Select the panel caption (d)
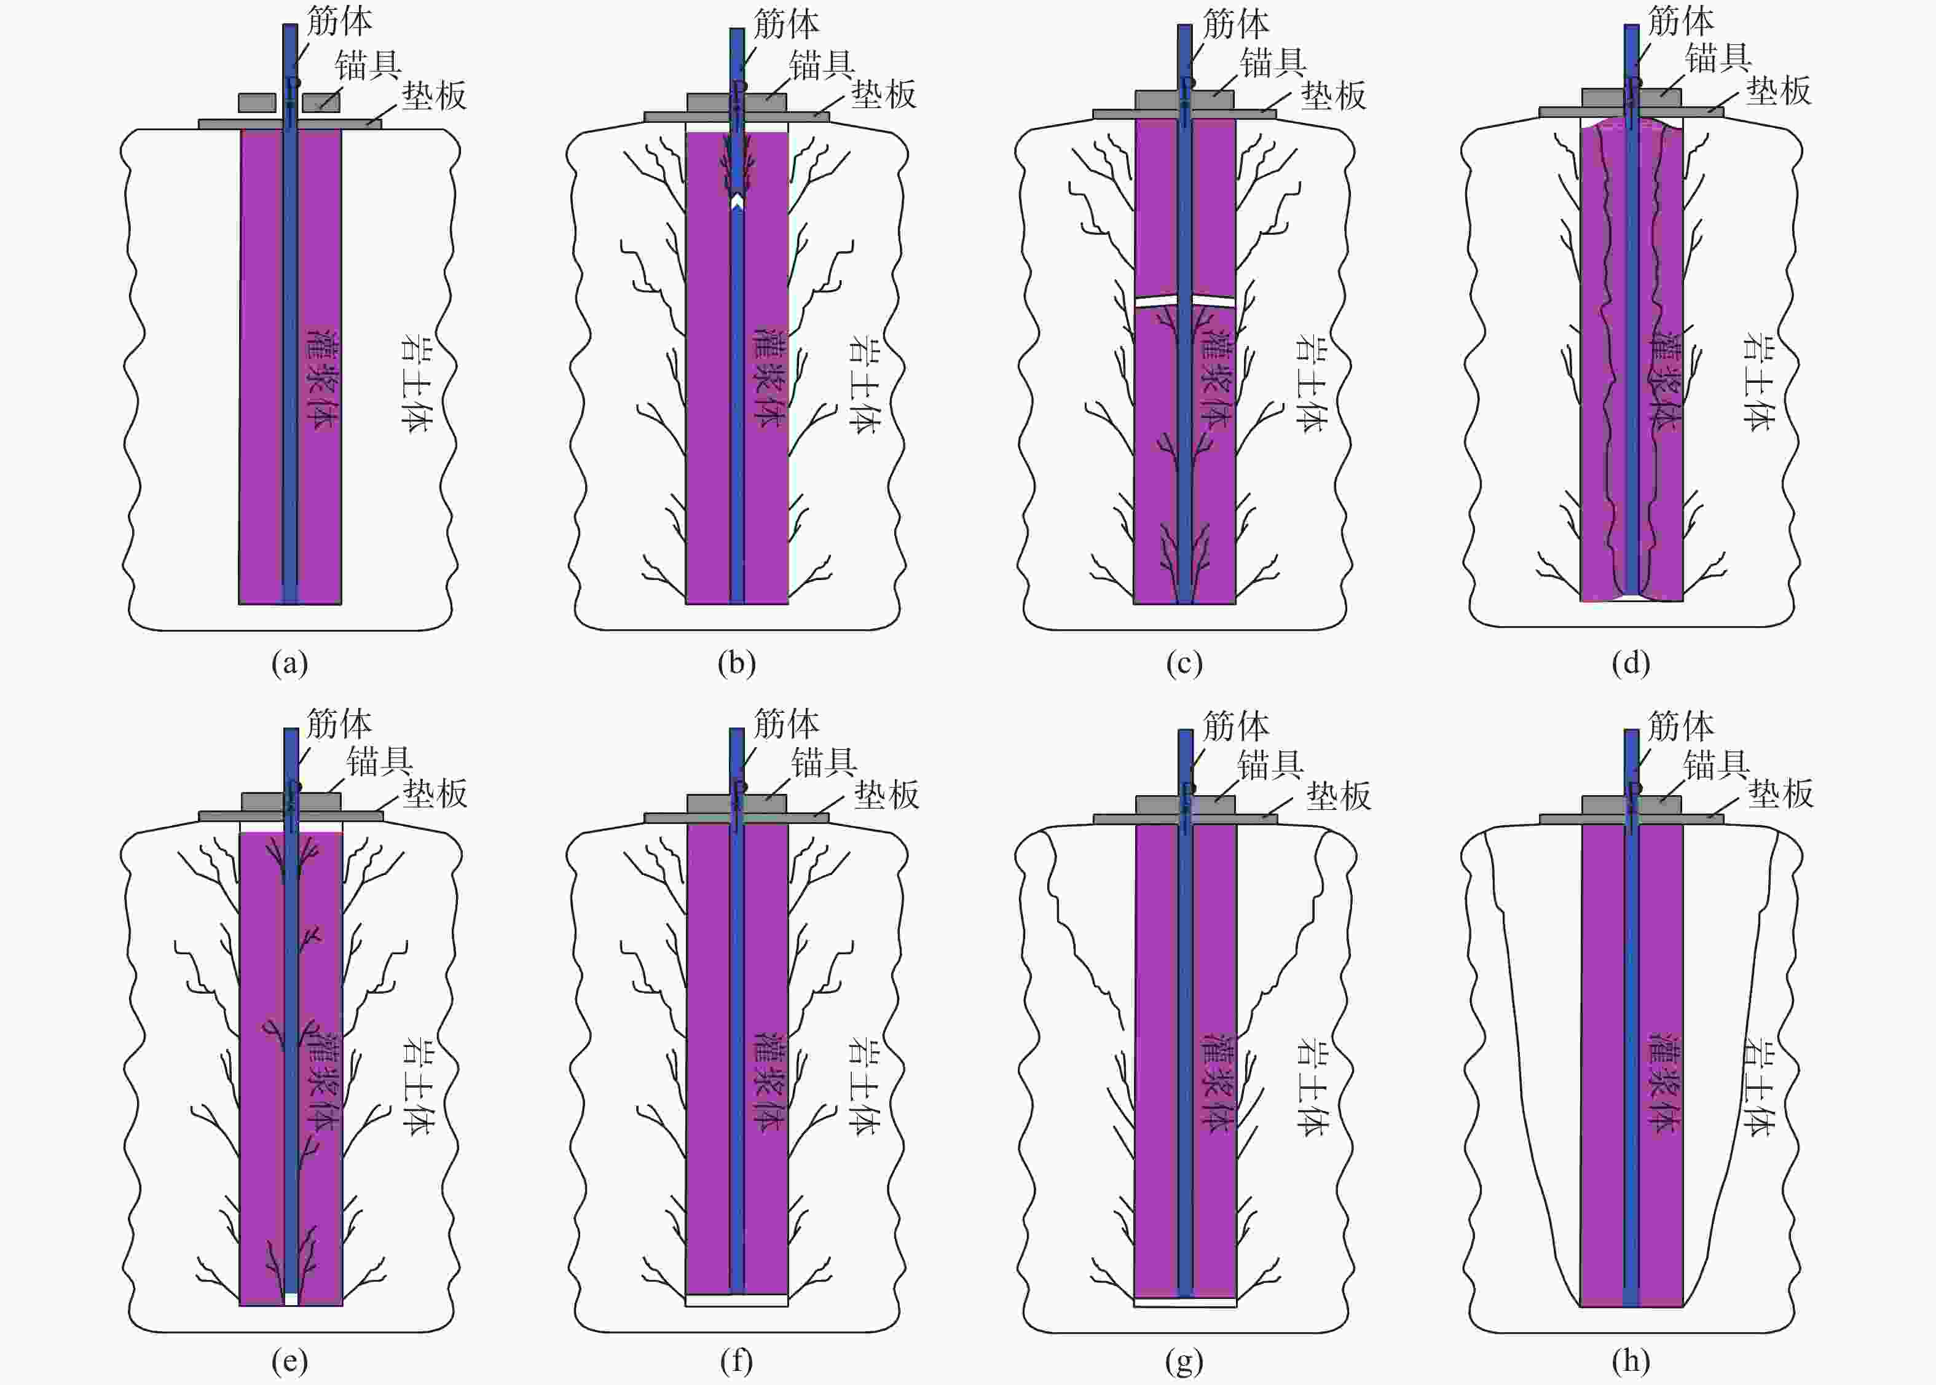1630,662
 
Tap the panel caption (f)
737,1360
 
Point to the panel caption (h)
1630,1360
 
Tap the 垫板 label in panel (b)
884,94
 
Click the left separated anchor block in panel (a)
257,103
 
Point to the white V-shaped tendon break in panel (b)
738,203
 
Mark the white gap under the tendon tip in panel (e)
291,1300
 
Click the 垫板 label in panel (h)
1781,794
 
